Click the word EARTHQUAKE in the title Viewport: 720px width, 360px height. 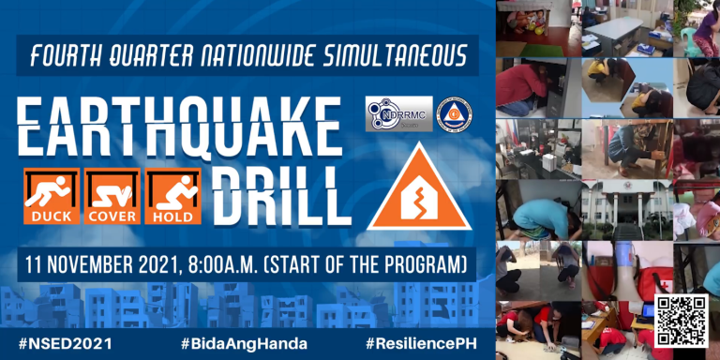(178, 126)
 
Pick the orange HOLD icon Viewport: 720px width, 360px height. (172, 196)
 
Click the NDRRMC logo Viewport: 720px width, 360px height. (398, 113)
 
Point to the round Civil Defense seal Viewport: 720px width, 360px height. (454, 114)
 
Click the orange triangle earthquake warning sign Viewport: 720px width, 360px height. (417, 192)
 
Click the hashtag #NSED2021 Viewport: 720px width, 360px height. (66, 343)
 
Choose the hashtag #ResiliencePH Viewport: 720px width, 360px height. (422, 343)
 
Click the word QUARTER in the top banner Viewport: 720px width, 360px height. (144, 56)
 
